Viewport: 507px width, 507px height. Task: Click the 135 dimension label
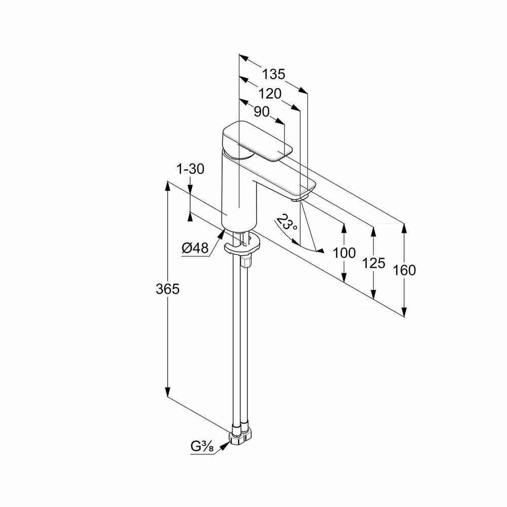coord(273,75)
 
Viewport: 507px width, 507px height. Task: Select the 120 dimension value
coord(270,94)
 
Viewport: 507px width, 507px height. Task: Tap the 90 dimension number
coord(262,112)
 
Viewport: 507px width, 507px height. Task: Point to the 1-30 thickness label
coord(191,169)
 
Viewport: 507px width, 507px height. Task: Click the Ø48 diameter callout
coord(195,248)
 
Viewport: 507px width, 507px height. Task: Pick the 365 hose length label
coord(167,289)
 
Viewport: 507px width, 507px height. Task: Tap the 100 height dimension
coord(344,253)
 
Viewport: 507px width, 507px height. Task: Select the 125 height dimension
coord(374,263)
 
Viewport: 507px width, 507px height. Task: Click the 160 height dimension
coord(404,270)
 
